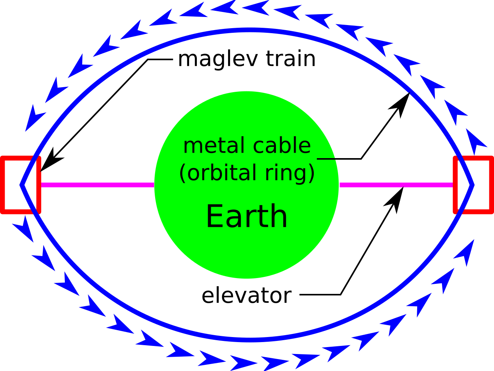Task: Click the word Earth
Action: coord(247,216)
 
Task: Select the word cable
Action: coord(282,146)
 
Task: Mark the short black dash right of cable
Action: coord(326,159)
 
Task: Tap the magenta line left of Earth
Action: coord(96,185)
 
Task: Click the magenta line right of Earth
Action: coord(396,185)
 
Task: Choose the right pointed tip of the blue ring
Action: coord(473,185)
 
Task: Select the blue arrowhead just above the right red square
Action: coord(475,141)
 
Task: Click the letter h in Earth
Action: coord(279,216)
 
